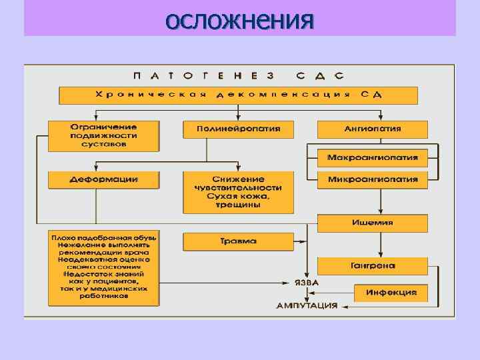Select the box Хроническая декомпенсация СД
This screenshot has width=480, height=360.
coord(239,95)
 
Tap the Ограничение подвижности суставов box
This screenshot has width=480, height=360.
coord(103,135)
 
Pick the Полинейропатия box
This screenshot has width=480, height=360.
coord(238,129)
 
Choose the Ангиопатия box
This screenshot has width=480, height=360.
coord(372,129)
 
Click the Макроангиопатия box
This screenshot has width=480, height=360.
coord(372,158)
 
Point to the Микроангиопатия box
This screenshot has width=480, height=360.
coord(372,179)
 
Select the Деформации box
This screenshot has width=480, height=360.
coord(103,179)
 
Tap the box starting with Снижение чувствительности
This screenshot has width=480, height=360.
coord(238,193)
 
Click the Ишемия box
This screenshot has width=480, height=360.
coord(372,223)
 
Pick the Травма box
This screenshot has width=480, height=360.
coord(238,241)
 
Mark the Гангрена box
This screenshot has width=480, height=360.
coord(372,265)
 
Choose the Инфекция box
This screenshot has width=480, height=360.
coord(390,292)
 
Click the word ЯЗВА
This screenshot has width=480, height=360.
coord(307,283)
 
